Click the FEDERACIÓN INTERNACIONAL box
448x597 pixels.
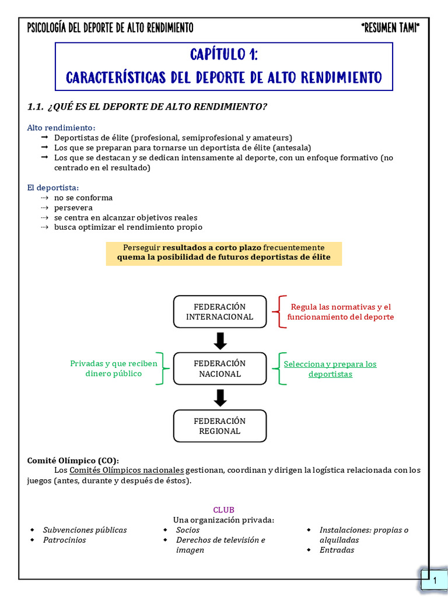pyautogui.click(x=220, y=311)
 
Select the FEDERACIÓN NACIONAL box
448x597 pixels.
pyautogui.click(x=220, y=368)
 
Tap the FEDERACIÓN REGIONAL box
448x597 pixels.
pyautogui.click(x=220, y=426)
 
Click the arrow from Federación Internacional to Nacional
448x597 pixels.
pyautogui.click(x=220, y=340)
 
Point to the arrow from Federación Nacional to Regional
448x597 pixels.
pyautogui.click(x=220, y=398)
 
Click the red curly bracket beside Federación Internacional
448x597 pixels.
pyautogui.click(x=282, y=311)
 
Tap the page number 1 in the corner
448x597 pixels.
pyautogui.click(x=435, y=581)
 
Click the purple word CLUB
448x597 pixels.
pyautogui.click(x=223, y=510)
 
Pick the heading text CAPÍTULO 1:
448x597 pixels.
pyautogui.click(x=224, y=55)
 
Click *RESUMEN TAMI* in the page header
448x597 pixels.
pyautogui.click(x=390, y=28)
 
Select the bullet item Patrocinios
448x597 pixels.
pyautogui.click(x=64, y=540)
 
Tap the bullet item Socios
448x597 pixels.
pyautogui.click(x=188, y=530)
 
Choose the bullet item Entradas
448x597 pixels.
pyautogui.click(x=337, y=550)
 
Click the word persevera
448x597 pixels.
pyautogui.click(x=73, y=208)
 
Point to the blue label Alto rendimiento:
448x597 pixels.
pyautogui.click(x=61, y=128)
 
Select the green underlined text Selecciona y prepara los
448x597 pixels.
pyautogui.click(x=330, y=364)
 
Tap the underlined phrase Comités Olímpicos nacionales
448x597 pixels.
pyautogui.click(x=127, y=470)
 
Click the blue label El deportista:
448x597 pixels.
pyautogui.click(x=52, y=188)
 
